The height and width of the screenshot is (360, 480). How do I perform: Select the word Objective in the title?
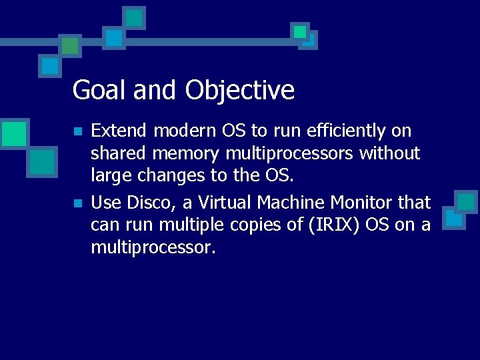pos(240,90)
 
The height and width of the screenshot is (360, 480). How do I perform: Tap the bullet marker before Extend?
pos(78,131)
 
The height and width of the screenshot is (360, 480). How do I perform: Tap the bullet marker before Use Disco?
pos(78,203)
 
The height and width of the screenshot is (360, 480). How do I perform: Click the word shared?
pos(119,154)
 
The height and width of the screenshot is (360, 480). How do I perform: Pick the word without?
pos(390,154)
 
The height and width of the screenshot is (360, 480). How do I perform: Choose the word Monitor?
pos(363,202)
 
